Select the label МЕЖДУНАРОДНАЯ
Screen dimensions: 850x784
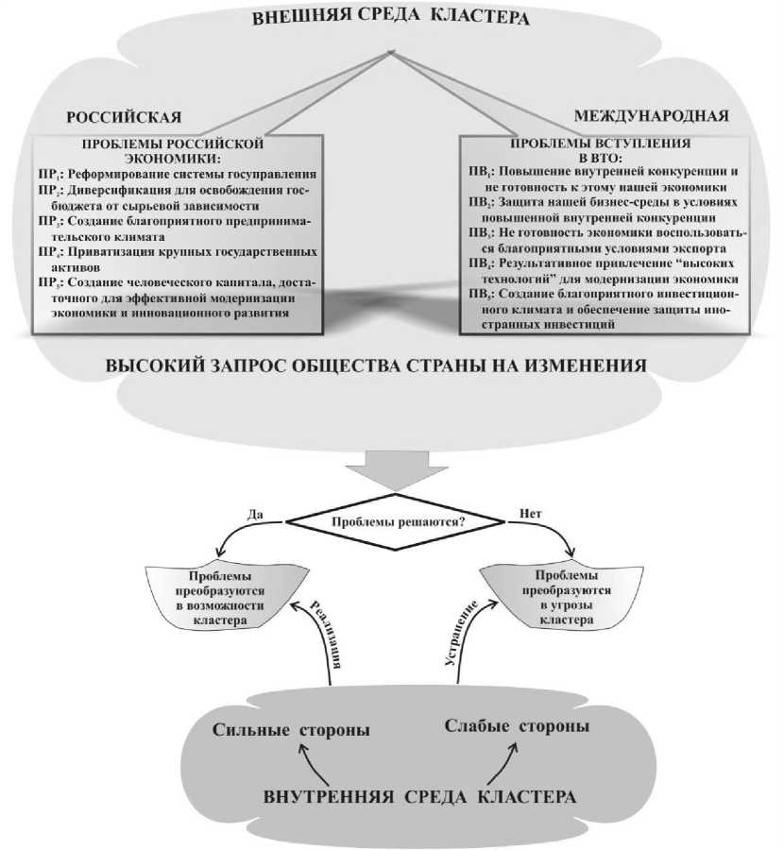click(x=652, y=116)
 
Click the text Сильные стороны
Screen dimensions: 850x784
click(x=290, y=731)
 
